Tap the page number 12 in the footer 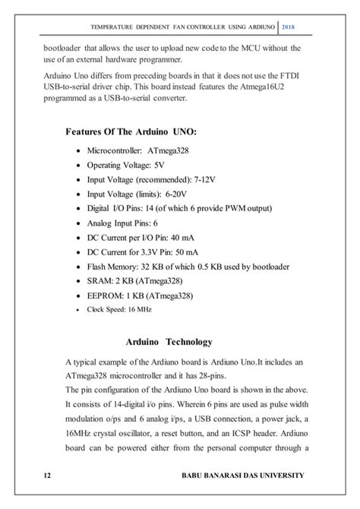click(x=48, y=475)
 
